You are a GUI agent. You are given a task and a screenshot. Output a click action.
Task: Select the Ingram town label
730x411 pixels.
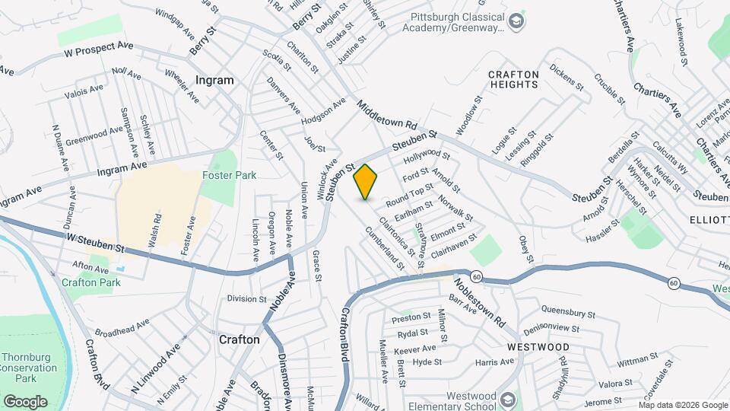coord(214,80)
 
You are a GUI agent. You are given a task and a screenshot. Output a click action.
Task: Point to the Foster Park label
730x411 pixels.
coord(229,175)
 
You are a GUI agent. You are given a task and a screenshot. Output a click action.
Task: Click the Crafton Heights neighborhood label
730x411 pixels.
coord(513,79)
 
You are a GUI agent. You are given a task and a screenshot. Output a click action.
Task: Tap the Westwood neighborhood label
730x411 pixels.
coord(528,345)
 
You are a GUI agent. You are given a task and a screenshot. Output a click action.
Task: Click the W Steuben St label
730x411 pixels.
coord(95,244)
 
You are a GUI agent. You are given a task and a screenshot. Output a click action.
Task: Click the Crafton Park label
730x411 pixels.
coord(91,282)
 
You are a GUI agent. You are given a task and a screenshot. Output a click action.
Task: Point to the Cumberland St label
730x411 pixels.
coord(385,249)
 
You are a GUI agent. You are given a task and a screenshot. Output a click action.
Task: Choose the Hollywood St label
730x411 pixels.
coord(422,158)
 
